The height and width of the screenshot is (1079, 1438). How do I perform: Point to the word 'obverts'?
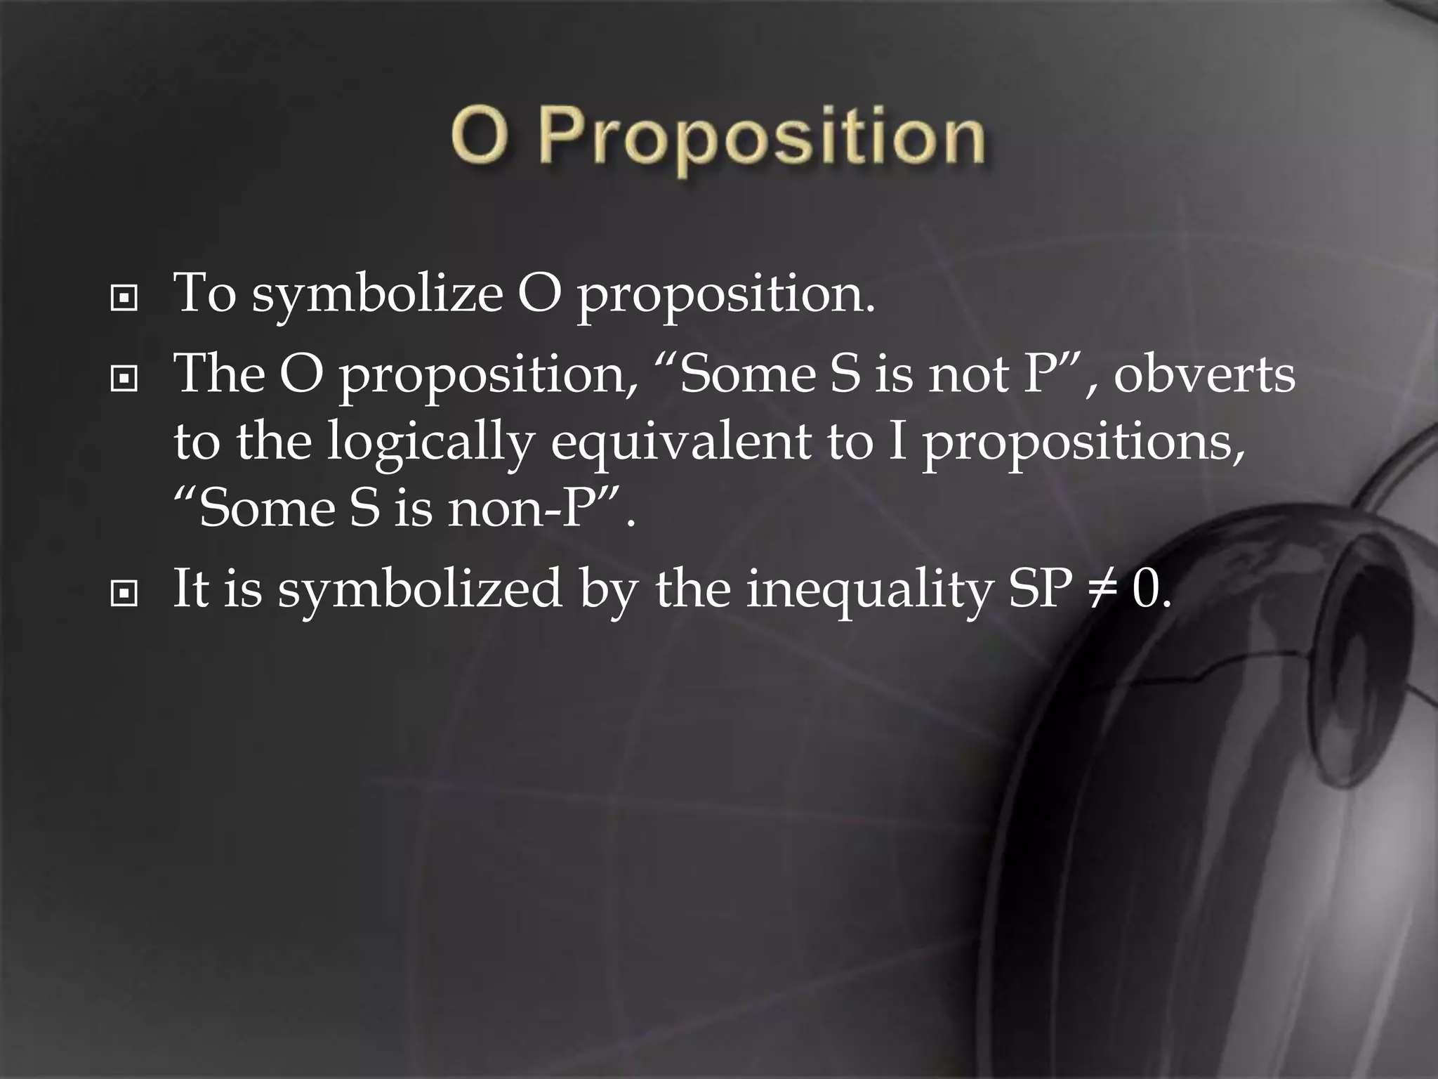pos(1203,374)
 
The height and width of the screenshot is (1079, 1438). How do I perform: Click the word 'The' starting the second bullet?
pos(219,374)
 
